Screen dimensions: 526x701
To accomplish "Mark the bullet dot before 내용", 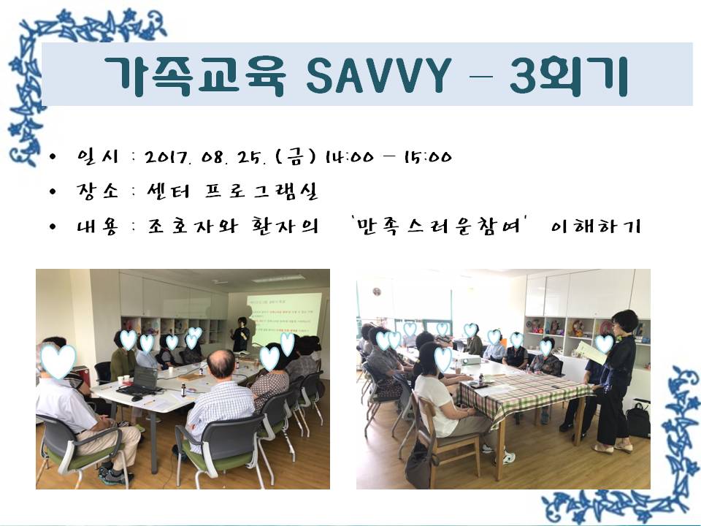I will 53,227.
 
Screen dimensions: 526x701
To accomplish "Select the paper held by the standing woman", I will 591,353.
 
